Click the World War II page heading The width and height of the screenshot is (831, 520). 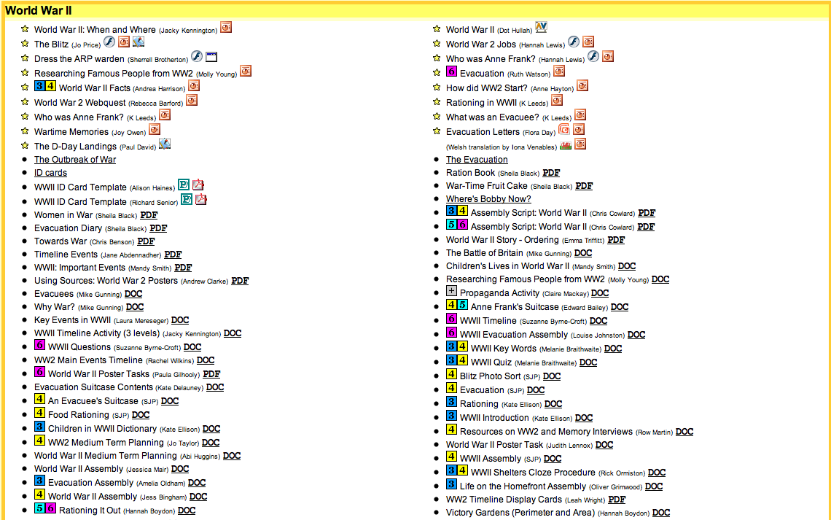pos(38,10)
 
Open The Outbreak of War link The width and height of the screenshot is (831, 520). pos(75,160)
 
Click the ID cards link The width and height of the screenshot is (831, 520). pos(50,173)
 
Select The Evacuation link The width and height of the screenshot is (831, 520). pos(477,160)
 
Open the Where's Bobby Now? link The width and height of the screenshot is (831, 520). pos(488,199)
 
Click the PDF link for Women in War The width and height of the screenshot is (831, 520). pos(149,215)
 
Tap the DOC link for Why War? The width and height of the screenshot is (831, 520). pos(135,307)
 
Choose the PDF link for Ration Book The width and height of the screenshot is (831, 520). pos(551,173)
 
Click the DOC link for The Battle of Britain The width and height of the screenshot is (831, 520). pos(583,253)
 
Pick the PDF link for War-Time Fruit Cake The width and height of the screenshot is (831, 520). pos(584,186)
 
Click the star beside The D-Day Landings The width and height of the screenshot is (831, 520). pos(25,146)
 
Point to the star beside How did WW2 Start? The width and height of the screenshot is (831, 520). pos(437,88)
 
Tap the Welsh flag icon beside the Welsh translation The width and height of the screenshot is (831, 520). pos(566,146)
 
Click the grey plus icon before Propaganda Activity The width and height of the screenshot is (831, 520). pos(451,292)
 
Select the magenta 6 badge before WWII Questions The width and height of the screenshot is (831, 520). pos(39,346)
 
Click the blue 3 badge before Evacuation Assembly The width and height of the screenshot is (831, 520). pos(39,481)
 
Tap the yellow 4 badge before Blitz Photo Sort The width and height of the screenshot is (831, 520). pos(451,375)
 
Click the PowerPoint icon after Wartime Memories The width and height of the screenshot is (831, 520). pos(155,130)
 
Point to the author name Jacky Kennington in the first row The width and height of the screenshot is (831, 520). pos(189,31)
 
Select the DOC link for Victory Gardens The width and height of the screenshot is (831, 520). pos(661,513)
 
